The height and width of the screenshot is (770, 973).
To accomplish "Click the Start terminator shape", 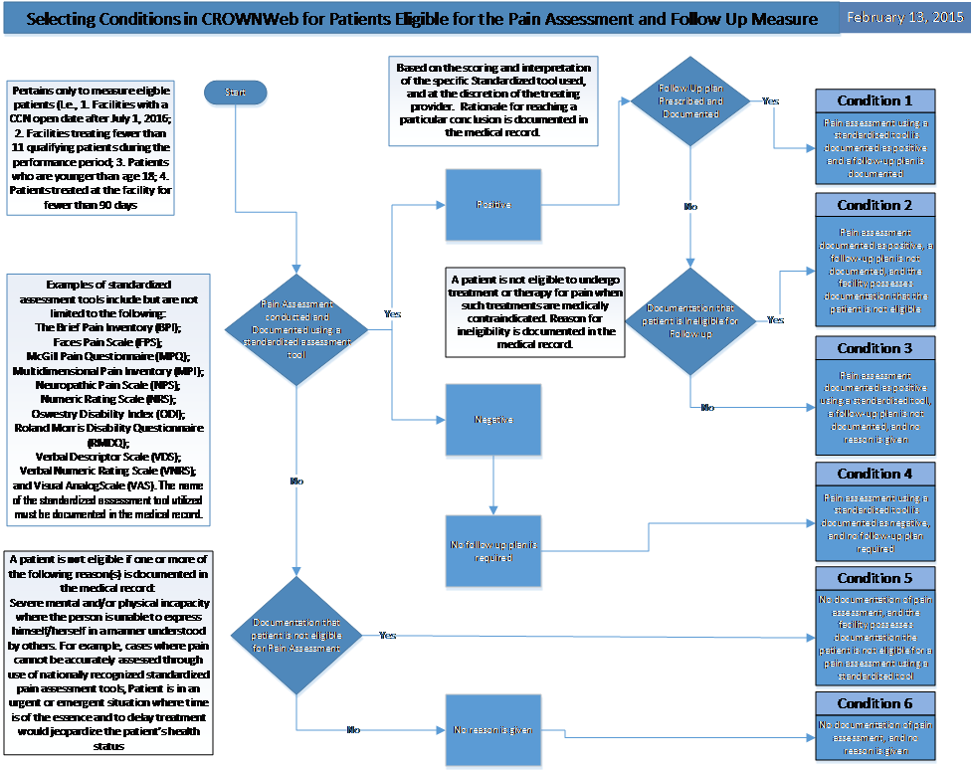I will click(235, 93).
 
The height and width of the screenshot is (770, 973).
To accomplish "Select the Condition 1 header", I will click(875, 100).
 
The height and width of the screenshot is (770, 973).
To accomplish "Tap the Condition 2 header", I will click(875, 205).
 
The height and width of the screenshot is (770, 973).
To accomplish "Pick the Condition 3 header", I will click(875, 348).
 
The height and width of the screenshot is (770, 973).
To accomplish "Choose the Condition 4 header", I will click(875, 474).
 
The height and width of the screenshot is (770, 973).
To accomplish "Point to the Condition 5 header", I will click(875, 578).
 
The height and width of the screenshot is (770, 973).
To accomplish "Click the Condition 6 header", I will click(875, 703).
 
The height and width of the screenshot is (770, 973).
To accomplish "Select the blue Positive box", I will click(493, 205).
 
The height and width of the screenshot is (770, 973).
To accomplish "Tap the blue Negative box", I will click(493, 420).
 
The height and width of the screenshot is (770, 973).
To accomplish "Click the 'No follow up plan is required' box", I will click(493, 551).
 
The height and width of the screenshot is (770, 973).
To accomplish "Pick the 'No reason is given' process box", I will click(493, 730).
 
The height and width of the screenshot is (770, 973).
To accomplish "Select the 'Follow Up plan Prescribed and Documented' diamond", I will click(690, 101).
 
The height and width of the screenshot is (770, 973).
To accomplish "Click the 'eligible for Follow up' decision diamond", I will click(690, 320).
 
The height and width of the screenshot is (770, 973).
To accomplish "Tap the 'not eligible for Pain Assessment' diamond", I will click(296, 635).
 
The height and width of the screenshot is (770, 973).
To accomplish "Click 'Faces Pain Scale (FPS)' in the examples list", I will click(108, 341).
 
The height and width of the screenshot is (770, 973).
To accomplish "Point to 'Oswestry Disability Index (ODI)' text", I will click(108, 413).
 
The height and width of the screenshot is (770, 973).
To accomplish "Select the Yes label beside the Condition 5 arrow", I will click(387, 635).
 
